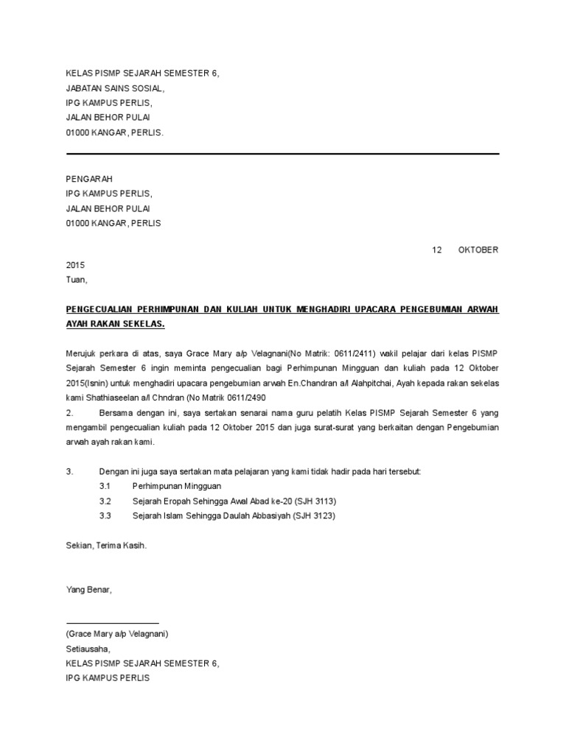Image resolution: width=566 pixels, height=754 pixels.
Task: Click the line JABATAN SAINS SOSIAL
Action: click(x=115, y=88)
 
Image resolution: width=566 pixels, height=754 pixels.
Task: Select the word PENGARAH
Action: click(x=89, y=179)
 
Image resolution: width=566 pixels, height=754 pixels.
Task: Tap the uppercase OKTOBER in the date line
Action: click(x=478, y=250)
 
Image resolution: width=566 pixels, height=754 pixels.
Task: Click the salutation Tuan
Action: click(x=76, y=280)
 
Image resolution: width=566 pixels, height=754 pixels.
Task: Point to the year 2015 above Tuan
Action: click(x=76, y=265)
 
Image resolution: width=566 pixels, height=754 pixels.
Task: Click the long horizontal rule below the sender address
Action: click(x=283, y=154)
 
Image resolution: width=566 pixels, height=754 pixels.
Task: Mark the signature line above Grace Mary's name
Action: click(x=112, y=624)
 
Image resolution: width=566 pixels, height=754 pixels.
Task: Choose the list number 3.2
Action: click(x=105, y=501)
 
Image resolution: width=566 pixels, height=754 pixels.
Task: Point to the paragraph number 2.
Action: click(x=69, y=413)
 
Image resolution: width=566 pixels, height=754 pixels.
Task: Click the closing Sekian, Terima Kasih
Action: click(x=106, y=546)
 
